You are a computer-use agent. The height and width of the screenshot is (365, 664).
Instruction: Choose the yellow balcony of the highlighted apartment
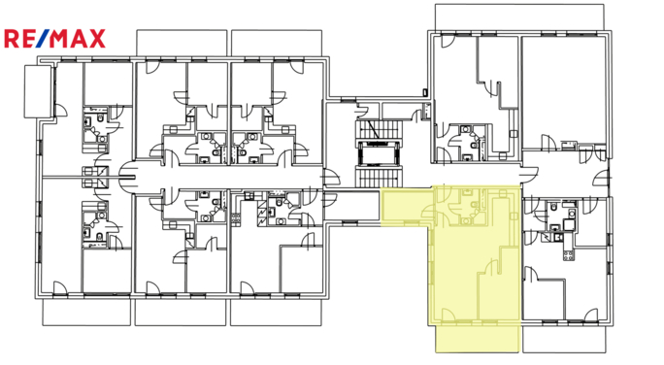coord(476,337)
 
